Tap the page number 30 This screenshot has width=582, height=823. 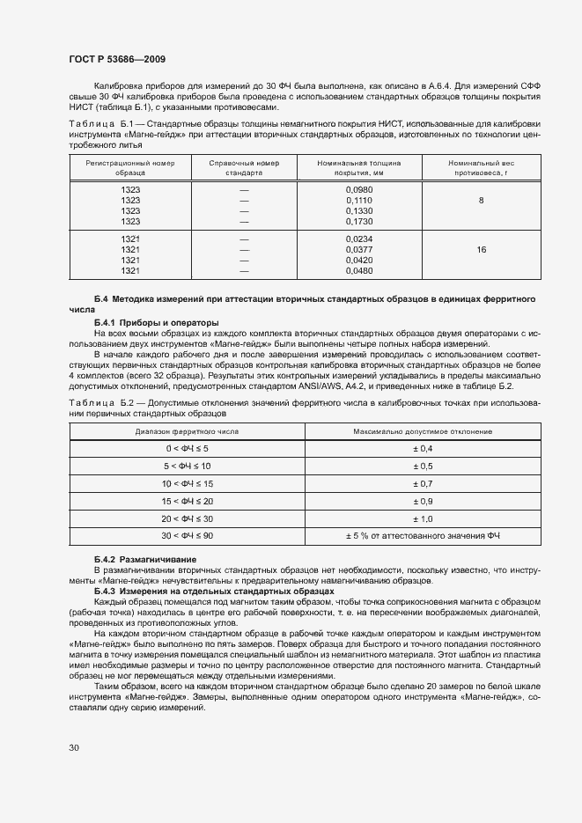click(73, 747)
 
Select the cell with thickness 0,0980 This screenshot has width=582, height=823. click(359, 190)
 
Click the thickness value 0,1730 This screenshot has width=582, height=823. click(359, 221)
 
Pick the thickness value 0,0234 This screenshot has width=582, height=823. click(359, 239)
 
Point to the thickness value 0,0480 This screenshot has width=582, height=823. click(359, 270)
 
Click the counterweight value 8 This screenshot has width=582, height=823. click(481, 202)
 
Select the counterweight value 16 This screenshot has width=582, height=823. click(481, 251)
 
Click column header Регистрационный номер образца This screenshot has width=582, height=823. click(130, 168)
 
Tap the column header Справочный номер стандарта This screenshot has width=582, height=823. click(244, 168)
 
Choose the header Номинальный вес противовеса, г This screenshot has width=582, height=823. click(481, 168)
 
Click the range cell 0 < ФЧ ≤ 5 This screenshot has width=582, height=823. click(186, 449)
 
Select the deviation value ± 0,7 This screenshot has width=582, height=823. click(423, 484)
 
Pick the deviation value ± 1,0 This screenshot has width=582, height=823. click(423, 518)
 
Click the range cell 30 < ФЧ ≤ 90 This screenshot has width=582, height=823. click(186, 536)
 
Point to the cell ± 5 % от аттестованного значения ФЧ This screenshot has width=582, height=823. click(423, 536)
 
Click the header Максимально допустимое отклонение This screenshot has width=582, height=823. click(423, 431)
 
